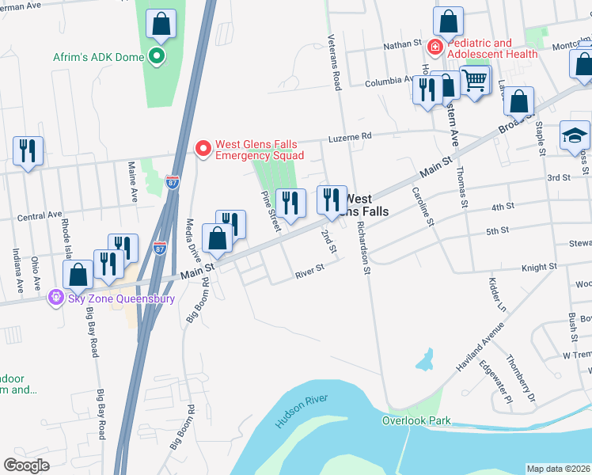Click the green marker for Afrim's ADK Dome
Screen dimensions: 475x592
tap(157, 56)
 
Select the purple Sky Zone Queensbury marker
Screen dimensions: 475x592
tap(55, 298)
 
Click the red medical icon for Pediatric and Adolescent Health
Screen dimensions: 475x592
tap(435, 48)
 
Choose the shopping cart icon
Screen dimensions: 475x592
tap(474, 80)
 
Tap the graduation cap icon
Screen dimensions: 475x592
tap(575, 135)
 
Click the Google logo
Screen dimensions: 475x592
tap(26, 465)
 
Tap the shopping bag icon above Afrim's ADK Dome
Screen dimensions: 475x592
tap(161, 25)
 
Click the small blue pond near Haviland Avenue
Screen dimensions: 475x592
tap(426, 360)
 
